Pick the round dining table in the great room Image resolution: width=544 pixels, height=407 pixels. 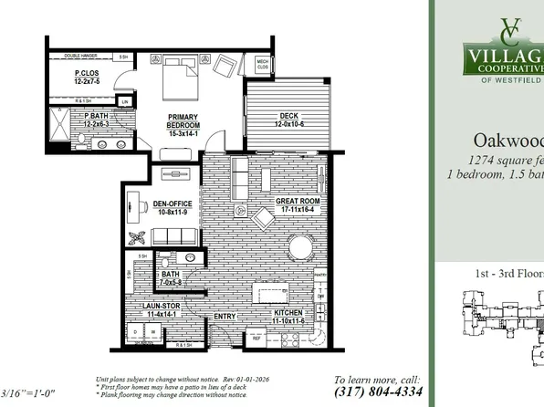click(x=299, y=247)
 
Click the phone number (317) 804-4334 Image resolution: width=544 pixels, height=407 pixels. click(x=376, y=391)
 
